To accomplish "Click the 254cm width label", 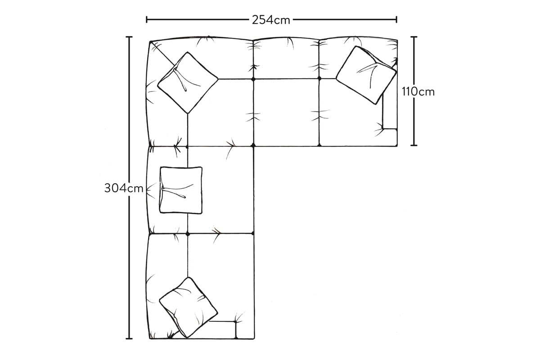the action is pos(271,20).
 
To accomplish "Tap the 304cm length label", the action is pos(124,188).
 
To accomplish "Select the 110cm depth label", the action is pos(418,92).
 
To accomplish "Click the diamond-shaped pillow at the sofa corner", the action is pos(188,83).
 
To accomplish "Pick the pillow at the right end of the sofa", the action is pos(366,75).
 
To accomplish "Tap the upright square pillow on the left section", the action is pos(181,190).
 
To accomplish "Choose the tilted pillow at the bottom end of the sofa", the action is pos(188,307).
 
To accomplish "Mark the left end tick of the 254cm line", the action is pos(147,19).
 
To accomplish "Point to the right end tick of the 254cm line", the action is pos(396,19).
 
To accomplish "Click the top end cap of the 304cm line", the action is pos(129,37).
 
